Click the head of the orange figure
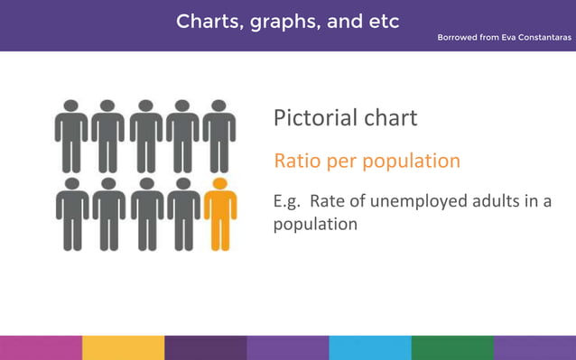tap(219, 184)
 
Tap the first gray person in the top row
tap(71, 135)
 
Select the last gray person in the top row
tap(219, 135)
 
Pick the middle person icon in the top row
tap(145, 135)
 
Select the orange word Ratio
tap(296, 161)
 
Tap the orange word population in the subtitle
tap(410, 162)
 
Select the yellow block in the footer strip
tap(123, 347)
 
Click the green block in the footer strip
tap(452, 347)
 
